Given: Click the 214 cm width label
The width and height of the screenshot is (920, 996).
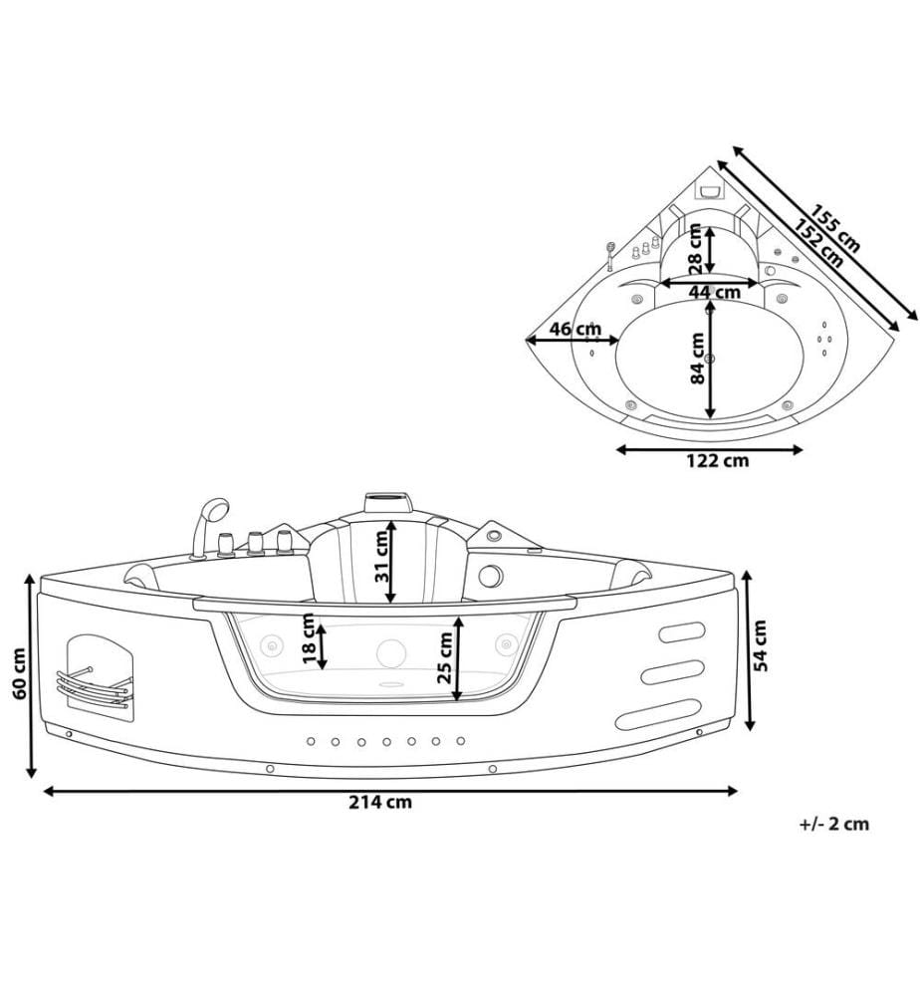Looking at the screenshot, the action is [x=379, y=802].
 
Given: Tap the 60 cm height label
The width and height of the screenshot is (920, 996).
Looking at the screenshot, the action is [x=20, y=674].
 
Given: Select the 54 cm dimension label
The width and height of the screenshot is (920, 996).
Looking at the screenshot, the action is [x=760, y=645].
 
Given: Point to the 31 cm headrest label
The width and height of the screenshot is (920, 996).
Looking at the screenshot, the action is [x=381, y=556].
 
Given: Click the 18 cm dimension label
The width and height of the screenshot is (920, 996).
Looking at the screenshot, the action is [x=310, y=638].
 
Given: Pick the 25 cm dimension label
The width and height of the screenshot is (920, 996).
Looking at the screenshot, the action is [x=446, y=656].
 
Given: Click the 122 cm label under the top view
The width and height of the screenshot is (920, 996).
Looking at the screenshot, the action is [x=718, y=460].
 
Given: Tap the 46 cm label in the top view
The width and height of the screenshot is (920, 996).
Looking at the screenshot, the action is [x=575, y=330].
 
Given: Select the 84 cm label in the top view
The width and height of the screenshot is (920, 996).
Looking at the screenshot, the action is [x=698, y=359].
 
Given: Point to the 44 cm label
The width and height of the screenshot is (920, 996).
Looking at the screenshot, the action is [x=714, y=292].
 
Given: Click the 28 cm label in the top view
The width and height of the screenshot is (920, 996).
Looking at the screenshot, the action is [x=695, y=249].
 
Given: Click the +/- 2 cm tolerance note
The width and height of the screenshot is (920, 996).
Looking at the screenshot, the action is [x=834, y=824].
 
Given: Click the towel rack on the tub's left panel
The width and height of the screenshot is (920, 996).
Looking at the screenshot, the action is [x=94, y=685].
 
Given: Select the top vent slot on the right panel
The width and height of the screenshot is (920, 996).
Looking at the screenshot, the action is [x=682, y=632].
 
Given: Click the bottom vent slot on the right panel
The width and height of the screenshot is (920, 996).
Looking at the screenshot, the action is [x=658, y=714].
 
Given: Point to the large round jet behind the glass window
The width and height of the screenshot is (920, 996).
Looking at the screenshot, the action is [x=391, y=653].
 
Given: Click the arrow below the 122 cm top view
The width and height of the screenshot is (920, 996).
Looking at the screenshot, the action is [x=710, y=450].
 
